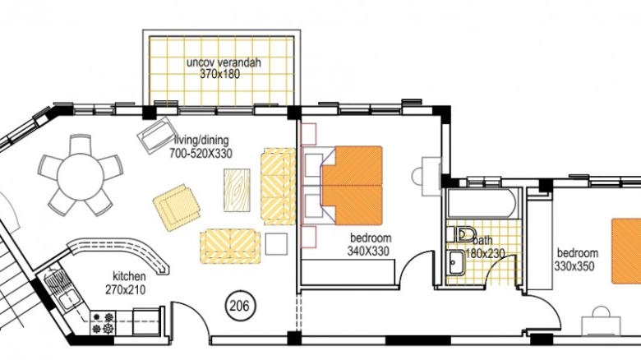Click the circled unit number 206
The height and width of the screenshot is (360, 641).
pyautogui.click(x=240, y=306)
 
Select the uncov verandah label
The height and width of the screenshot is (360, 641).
pyautogui.click(x=224, y=62)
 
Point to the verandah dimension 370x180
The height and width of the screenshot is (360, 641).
pyautogui.click(x=220, y=74)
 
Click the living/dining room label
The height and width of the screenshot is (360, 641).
pyautogui.click(x=201, y=140)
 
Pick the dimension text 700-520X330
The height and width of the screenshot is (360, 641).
pyautogui.click(x=201, y=154)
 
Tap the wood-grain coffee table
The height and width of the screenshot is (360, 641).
pyautogui.click(x=237, y=190)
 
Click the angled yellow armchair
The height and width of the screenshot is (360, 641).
pyautogui.click(x=177, y=207)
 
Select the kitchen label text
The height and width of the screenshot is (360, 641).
pyautogui.click(x=129, y=276)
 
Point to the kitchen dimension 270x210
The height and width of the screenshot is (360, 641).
pyautogui.click(x=126, y=290)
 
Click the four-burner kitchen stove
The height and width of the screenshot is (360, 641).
pyautogui.click(x=103, y=322)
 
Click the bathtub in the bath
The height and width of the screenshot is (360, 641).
pyautogui.click(x=480, y=203)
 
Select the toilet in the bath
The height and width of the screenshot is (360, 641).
pyautogui.click(x=461, y=235)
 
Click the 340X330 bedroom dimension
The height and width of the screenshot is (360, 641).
pyautogui.click(x=368, y=251)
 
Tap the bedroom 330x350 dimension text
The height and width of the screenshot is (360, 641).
pyautogui.click(x=574, y=266)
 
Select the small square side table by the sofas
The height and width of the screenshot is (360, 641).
pyautogui.click(x=276, y=244)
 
